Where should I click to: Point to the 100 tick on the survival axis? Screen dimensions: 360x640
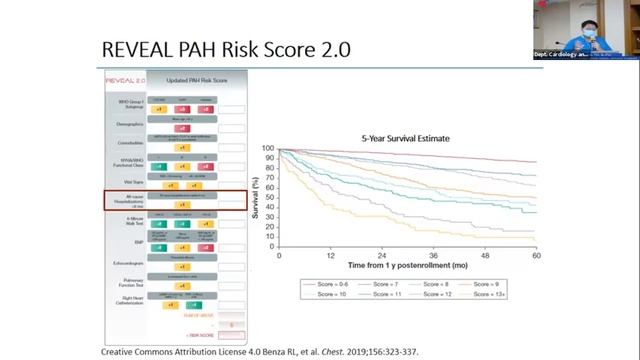click(268, 148)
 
